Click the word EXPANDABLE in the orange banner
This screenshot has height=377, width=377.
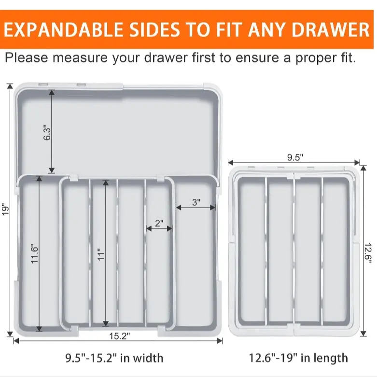pyautogui.click(x=63, y=29)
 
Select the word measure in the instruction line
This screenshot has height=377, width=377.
pyautogui.click(x=80, y=58)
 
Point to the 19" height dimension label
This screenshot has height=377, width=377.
pyautogui.click(x=5, y=209)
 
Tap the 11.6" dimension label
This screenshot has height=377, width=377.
pyautogui.click(x=35, y=254)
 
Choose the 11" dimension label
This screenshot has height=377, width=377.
pyautogui.click(x=101, y=254)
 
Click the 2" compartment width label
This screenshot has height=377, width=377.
pyautogui.click(x=159, y=223)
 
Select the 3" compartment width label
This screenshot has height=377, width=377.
pyautogui.click(x=196, y=202)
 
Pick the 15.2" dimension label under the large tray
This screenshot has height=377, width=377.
pyautogui.click(x=120, y=336)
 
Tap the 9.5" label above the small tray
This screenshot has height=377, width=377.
pyautogui.click(x=295, y=157)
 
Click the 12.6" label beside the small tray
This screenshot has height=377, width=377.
pyautogui.click(x=368, y=253)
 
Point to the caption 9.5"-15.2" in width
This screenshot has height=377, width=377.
pyautogui.click(x=114, y=358)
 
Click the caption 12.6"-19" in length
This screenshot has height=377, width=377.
pyautogui.click(x=298, y=358)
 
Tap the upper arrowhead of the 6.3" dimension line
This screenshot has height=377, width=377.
pyautogui.click(x=52, y=93)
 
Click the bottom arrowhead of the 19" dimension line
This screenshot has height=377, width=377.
pyautogui.click(x=10, y=334)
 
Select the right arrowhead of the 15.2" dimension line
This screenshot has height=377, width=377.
pyautogui.click(x=220, y=341)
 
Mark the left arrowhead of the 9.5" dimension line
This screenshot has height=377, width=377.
pyautogui.click(x=231, y=163)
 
